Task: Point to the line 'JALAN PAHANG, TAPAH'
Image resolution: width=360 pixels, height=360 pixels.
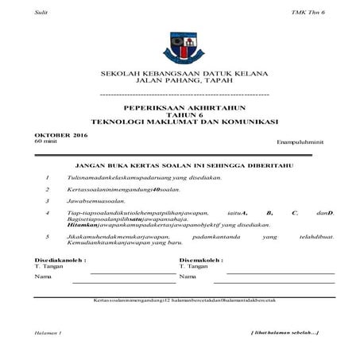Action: (x=180, y=81)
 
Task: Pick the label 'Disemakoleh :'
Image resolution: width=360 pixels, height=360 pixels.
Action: (x=202, y=259)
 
